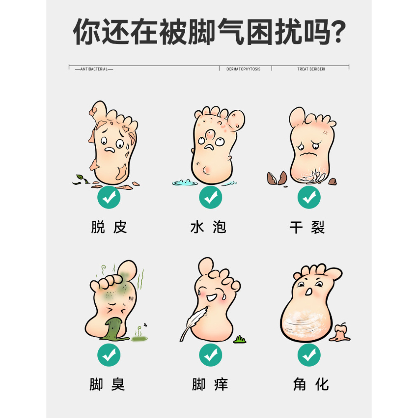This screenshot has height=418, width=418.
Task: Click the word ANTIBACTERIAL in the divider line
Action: tap(94, 69)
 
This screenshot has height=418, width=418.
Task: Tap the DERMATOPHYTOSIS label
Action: tap(243, 69)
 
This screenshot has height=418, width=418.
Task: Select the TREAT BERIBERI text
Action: tap(311, 69)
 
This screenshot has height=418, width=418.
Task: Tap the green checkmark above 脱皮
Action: tap(109, 197)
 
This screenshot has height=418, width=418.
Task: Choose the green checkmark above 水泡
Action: tap(211, 197)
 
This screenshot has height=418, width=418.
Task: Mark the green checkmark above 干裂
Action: tap(309, 197)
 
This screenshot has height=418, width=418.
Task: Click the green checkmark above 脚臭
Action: tap(109, 355)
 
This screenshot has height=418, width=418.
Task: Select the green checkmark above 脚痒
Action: tap(211, 355)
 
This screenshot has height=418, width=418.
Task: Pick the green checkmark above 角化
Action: tap(309, 355)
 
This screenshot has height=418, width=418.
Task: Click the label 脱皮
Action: tap(109, 227)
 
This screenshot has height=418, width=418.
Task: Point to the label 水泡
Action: tap(209, 227)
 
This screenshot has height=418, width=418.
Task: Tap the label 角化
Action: tap(311, 385)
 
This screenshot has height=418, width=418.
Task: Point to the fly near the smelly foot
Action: tap(145, 325)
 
